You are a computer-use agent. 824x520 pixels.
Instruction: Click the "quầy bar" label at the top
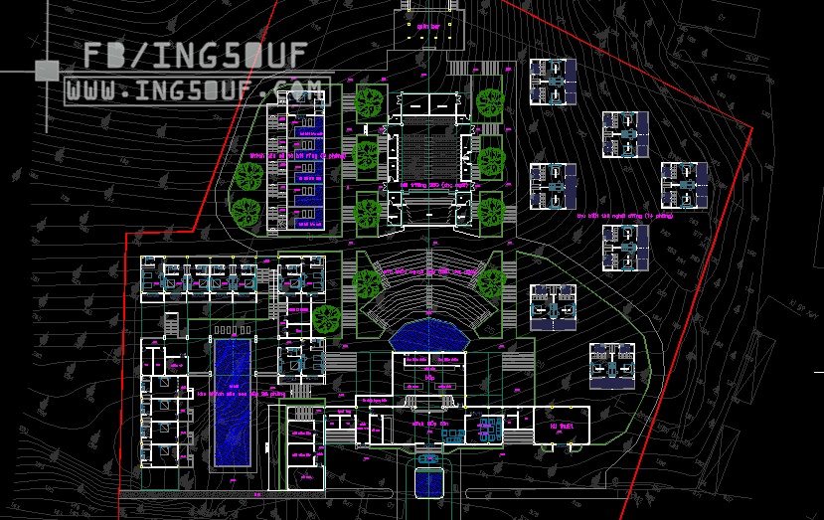pos(428,26)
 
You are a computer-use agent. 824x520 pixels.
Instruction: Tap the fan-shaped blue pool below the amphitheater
pos(428,335)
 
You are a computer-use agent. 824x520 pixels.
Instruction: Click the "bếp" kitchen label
pos(429,378)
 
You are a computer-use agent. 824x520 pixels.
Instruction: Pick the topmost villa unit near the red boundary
pos(553,82)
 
